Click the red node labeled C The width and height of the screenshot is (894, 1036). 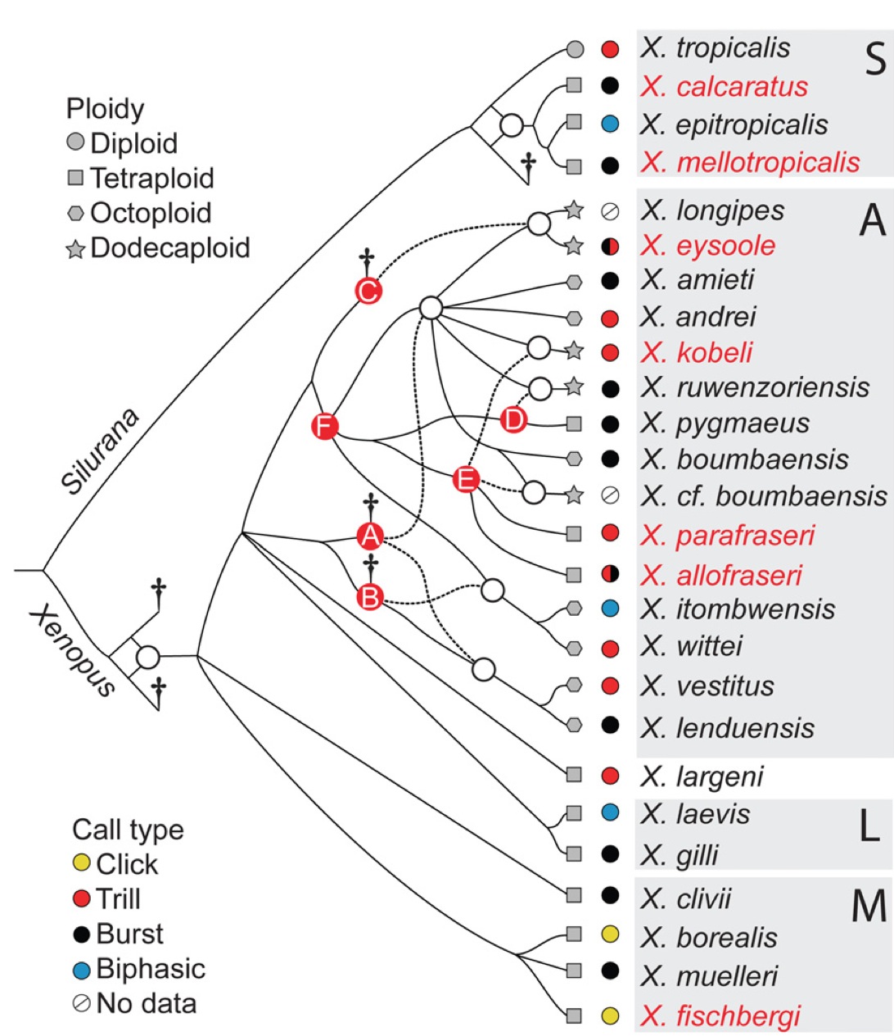pyautogui.click(x=368, y=291)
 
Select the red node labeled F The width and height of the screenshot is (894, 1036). pyautogui.click(x=325, y=426)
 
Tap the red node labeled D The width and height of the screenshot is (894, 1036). pyautogui.click(x=513, y=420)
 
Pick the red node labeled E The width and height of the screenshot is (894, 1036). pyautogui.click(x=466, y=479)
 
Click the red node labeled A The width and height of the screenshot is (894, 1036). pyautogui.click(x=370, y=536)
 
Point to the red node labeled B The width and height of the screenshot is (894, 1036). pyautogui.click(x=370, y=597)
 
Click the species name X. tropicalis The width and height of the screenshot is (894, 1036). pyautogui.click(x=716, y=48)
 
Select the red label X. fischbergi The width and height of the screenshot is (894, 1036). pyautogui.click(x=720, y=1016)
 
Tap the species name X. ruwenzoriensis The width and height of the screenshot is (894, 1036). pyautogui.click(x=755, y=387)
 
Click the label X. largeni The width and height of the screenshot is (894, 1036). pyautogui.click(x=702, y=776)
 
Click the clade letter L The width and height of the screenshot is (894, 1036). pyautogui.click(x=869, y=829)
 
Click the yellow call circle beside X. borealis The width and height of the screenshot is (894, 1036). pyautogui.click(x=609, y=934)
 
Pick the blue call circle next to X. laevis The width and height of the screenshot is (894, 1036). pyautogui.click(x=609, y=813)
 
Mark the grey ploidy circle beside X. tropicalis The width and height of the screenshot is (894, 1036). pyautogui.click(x=575, y=49)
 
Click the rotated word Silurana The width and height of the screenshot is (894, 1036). pyautogui.click(x=100, y=451)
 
